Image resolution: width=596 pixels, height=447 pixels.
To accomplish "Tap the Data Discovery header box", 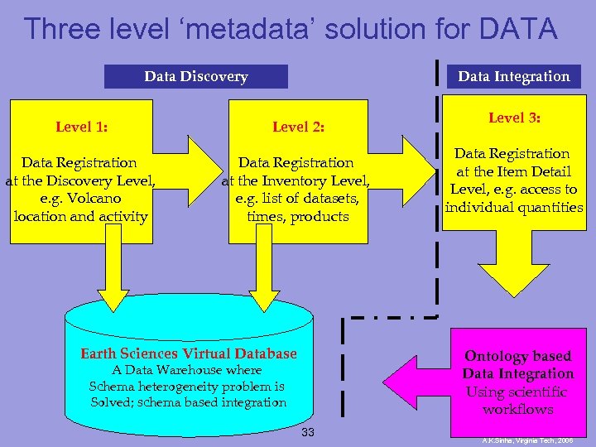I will [196, 77].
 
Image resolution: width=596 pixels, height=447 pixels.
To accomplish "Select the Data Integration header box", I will [514, 77].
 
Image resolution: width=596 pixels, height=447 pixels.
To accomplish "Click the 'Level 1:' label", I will [82, 127].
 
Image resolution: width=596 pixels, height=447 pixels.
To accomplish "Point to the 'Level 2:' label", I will [298, 127].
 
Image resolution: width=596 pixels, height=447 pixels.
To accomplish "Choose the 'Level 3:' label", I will [514, 118].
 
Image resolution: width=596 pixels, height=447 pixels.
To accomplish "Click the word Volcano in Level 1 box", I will [96, 199].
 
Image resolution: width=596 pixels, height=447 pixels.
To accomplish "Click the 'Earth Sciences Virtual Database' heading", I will [188, 354].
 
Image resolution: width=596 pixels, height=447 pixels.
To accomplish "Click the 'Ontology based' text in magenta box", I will [517, 357].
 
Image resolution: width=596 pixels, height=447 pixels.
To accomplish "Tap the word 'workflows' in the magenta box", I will [518, 410].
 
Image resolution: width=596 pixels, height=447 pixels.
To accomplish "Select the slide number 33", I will [307, 433].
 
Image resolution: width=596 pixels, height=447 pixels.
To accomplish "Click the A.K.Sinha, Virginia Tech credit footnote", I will [526, 441].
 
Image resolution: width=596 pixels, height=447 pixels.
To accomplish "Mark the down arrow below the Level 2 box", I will [264, 281].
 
